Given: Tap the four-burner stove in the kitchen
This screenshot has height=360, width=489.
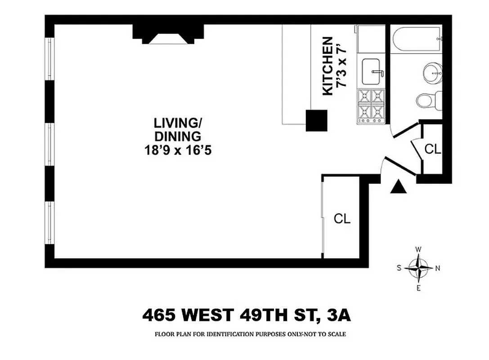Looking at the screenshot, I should tap(372, 106).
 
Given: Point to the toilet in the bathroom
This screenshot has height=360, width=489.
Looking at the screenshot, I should tap(427, 99).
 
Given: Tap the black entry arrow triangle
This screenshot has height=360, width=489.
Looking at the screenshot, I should tap(398, 187).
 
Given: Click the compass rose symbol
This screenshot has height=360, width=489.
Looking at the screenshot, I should tap(419, 268).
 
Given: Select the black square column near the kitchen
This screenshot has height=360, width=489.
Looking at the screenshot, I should tap(316, 121).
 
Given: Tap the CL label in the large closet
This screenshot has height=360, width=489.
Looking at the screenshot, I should tap(342, 219).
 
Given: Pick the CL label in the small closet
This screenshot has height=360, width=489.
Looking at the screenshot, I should tap(433, 149).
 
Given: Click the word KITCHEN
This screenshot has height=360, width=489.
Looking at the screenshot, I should tap(328, 66).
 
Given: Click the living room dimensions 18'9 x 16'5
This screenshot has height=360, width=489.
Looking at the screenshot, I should tap(178, 151).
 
